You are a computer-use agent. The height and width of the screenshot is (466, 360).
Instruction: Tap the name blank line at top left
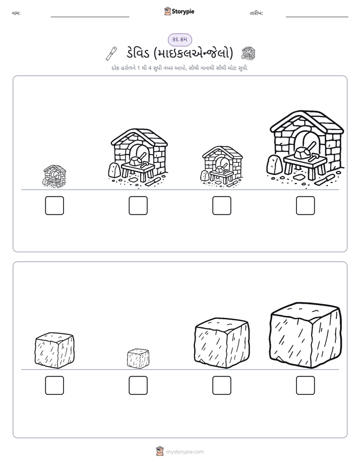click(90, 17)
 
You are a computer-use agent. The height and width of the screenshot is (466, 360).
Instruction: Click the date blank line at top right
click(317, 17)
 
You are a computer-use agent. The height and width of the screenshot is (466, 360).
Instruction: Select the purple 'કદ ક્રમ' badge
click(179, 39)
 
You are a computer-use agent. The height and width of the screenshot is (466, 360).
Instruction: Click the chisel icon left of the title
click(111, 53)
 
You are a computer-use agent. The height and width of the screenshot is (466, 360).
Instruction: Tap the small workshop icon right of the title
click(248, 53)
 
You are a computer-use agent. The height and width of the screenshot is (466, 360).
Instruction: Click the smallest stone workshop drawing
click(54, 176)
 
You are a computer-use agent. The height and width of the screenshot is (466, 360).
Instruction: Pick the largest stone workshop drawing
click(306, 149)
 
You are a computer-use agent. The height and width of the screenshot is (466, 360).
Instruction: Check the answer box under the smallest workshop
click(54, 205)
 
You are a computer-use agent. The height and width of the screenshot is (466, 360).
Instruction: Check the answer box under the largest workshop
click(306, 205)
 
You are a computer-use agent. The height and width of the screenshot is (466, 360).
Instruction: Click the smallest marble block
click(138, 359)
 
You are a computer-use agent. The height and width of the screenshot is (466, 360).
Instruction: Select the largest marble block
click(306, 335)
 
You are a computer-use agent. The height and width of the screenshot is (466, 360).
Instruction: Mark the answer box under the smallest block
click(138, 385)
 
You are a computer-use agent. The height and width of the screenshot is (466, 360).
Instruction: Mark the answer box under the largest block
click(306, 385)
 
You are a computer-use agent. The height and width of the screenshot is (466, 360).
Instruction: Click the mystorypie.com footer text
click(185, 452)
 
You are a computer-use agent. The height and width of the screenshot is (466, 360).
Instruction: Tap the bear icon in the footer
click(160, 451)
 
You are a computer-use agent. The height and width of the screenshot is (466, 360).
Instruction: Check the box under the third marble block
click(221, 385)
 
